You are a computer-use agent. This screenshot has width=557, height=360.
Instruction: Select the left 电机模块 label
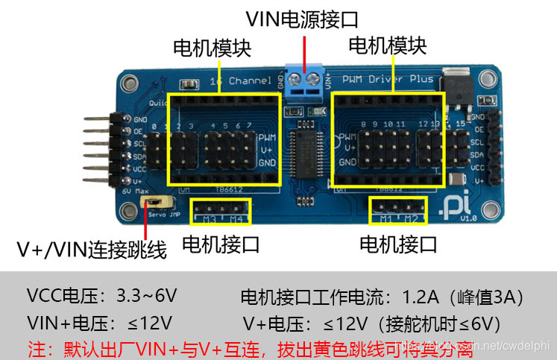coord(211,48)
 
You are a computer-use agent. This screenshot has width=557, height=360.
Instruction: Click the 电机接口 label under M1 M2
coord(398,244)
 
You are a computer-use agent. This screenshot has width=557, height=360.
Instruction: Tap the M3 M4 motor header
coord(221,210)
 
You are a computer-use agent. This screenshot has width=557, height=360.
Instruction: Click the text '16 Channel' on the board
coord(236,80)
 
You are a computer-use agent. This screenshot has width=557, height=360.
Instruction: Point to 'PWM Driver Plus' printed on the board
coord(387,78)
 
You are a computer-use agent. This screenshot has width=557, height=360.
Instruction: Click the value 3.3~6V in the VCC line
coord(147,297)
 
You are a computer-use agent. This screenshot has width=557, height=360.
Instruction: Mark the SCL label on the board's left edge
coord(139,144)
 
